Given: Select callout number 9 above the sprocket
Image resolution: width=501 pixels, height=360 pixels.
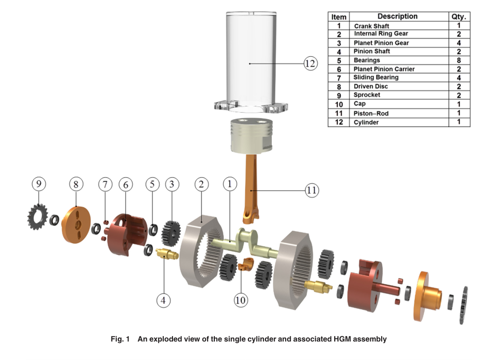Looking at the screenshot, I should [x=38, y=183].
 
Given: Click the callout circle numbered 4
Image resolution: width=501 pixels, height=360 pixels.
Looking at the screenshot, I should [x=164, y=300].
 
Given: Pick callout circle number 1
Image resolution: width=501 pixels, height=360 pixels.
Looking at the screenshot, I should [x=230, y=183].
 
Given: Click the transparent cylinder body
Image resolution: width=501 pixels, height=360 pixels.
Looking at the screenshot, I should [x=249, y=57].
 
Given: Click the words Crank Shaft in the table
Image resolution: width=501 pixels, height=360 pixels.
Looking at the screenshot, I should [x=371, y=26].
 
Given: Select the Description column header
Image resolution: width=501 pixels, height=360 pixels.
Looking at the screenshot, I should [x=397, y=17].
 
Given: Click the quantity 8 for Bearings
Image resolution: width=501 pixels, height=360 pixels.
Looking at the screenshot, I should [x=459, y=60].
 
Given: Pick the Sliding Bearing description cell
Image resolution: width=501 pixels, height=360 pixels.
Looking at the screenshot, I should [x=376, y=77].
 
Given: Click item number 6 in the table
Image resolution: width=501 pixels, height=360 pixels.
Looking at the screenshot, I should [x=339, y=69].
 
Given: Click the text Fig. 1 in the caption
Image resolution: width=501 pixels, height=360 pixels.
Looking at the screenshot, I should [x=120, y=339].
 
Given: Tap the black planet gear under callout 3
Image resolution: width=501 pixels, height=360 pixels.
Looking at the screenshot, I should [x=169, y=233].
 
